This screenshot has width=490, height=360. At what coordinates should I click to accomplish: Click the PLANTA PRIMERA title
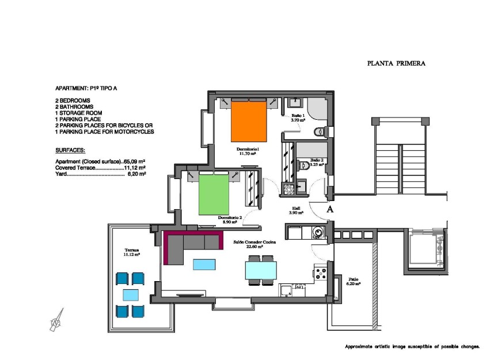click(x=396, y=64)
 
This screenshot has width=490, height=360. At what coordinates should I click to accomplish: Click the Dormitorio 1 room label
click(x=249, y=151)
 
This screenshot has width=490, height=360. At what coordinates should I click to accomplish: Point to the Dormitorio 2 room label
click(x=229, y=219)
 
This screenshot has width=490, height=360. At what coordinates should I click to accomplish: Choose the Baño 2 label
click(x=317, y=162)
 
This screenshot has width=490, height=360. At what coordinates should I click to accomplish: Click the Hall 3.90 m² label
click(x=296, y=210)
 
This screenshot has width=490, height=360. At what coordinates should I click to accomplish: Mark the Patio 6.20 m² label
click(x=353, y=282)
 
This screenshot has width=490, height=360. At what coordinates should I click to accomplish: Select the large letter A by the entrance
click(x=330, y=210)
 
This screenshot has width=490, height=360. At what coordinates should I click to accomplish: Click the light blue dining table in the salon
click(x=261, y=270)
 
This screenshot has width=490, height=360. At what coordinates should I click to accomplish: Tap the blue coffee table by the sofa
click(x=204, y=264)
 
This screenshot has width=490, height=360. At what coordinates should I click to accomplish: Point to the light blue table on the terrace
click(x=130, y=295)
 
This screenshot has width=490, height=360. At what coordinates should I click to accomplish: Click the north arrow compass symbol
click(x=57, y=320)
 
